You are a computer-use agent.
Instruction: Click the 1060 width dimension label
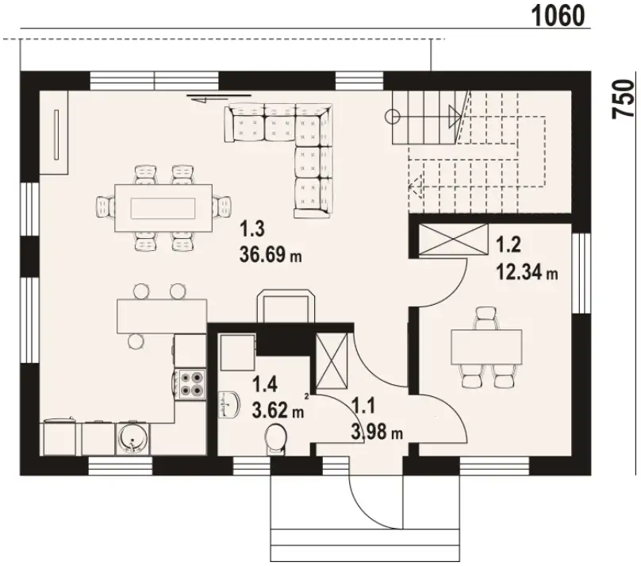(x=558, y=17)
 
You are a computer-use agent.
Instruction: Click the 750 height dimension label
(x=623, y=99)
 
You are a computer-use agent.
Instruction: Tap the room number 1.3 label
(x=252, y=229)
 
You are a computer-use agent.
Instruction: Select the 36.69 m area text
(x=271, y=254)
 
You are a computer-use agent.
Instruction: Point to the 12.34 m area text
(x=527, y=271)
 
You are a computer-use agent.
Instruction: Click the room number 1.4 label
(x=265, y=384)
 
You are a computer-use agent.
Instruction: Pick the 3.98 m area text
(x=377, y=432)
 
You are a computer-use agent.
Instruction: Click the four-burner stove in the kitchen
(x=190, y=383)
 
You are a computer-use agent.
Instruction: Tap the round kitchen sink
(x=132, y=438)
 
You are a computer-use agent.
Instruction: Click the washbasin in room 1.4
(x=228, y=405)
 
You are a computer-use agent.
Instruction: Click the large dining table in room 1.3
(x=163, y=208)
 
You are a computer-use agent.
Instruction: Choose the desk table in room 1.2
(x=486, y=347)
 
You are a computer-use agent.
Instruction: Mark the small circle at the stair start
(x=393, y=117)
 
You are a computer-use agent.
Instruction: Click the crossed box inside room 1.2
(x=454, y=240)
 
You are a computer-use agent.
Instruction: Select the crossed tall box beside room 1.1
(x=332, y=360)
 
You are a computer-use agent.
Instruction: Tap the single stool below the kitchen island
(x=136, y=341)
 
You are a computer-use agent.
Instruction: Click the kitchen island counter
(x=162, y=316)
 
